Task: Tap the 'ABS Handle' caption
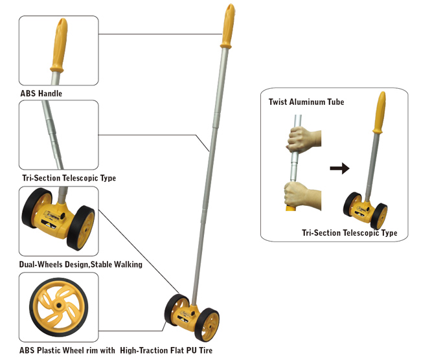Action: (x=41, y=94)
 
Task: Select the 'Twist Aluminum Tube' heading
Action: (x=306, y=102)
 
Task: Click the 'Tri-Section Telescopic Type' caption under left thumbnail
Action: (x=69, y=177)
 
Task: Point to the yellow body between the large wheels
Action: (x=192, y=313)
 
